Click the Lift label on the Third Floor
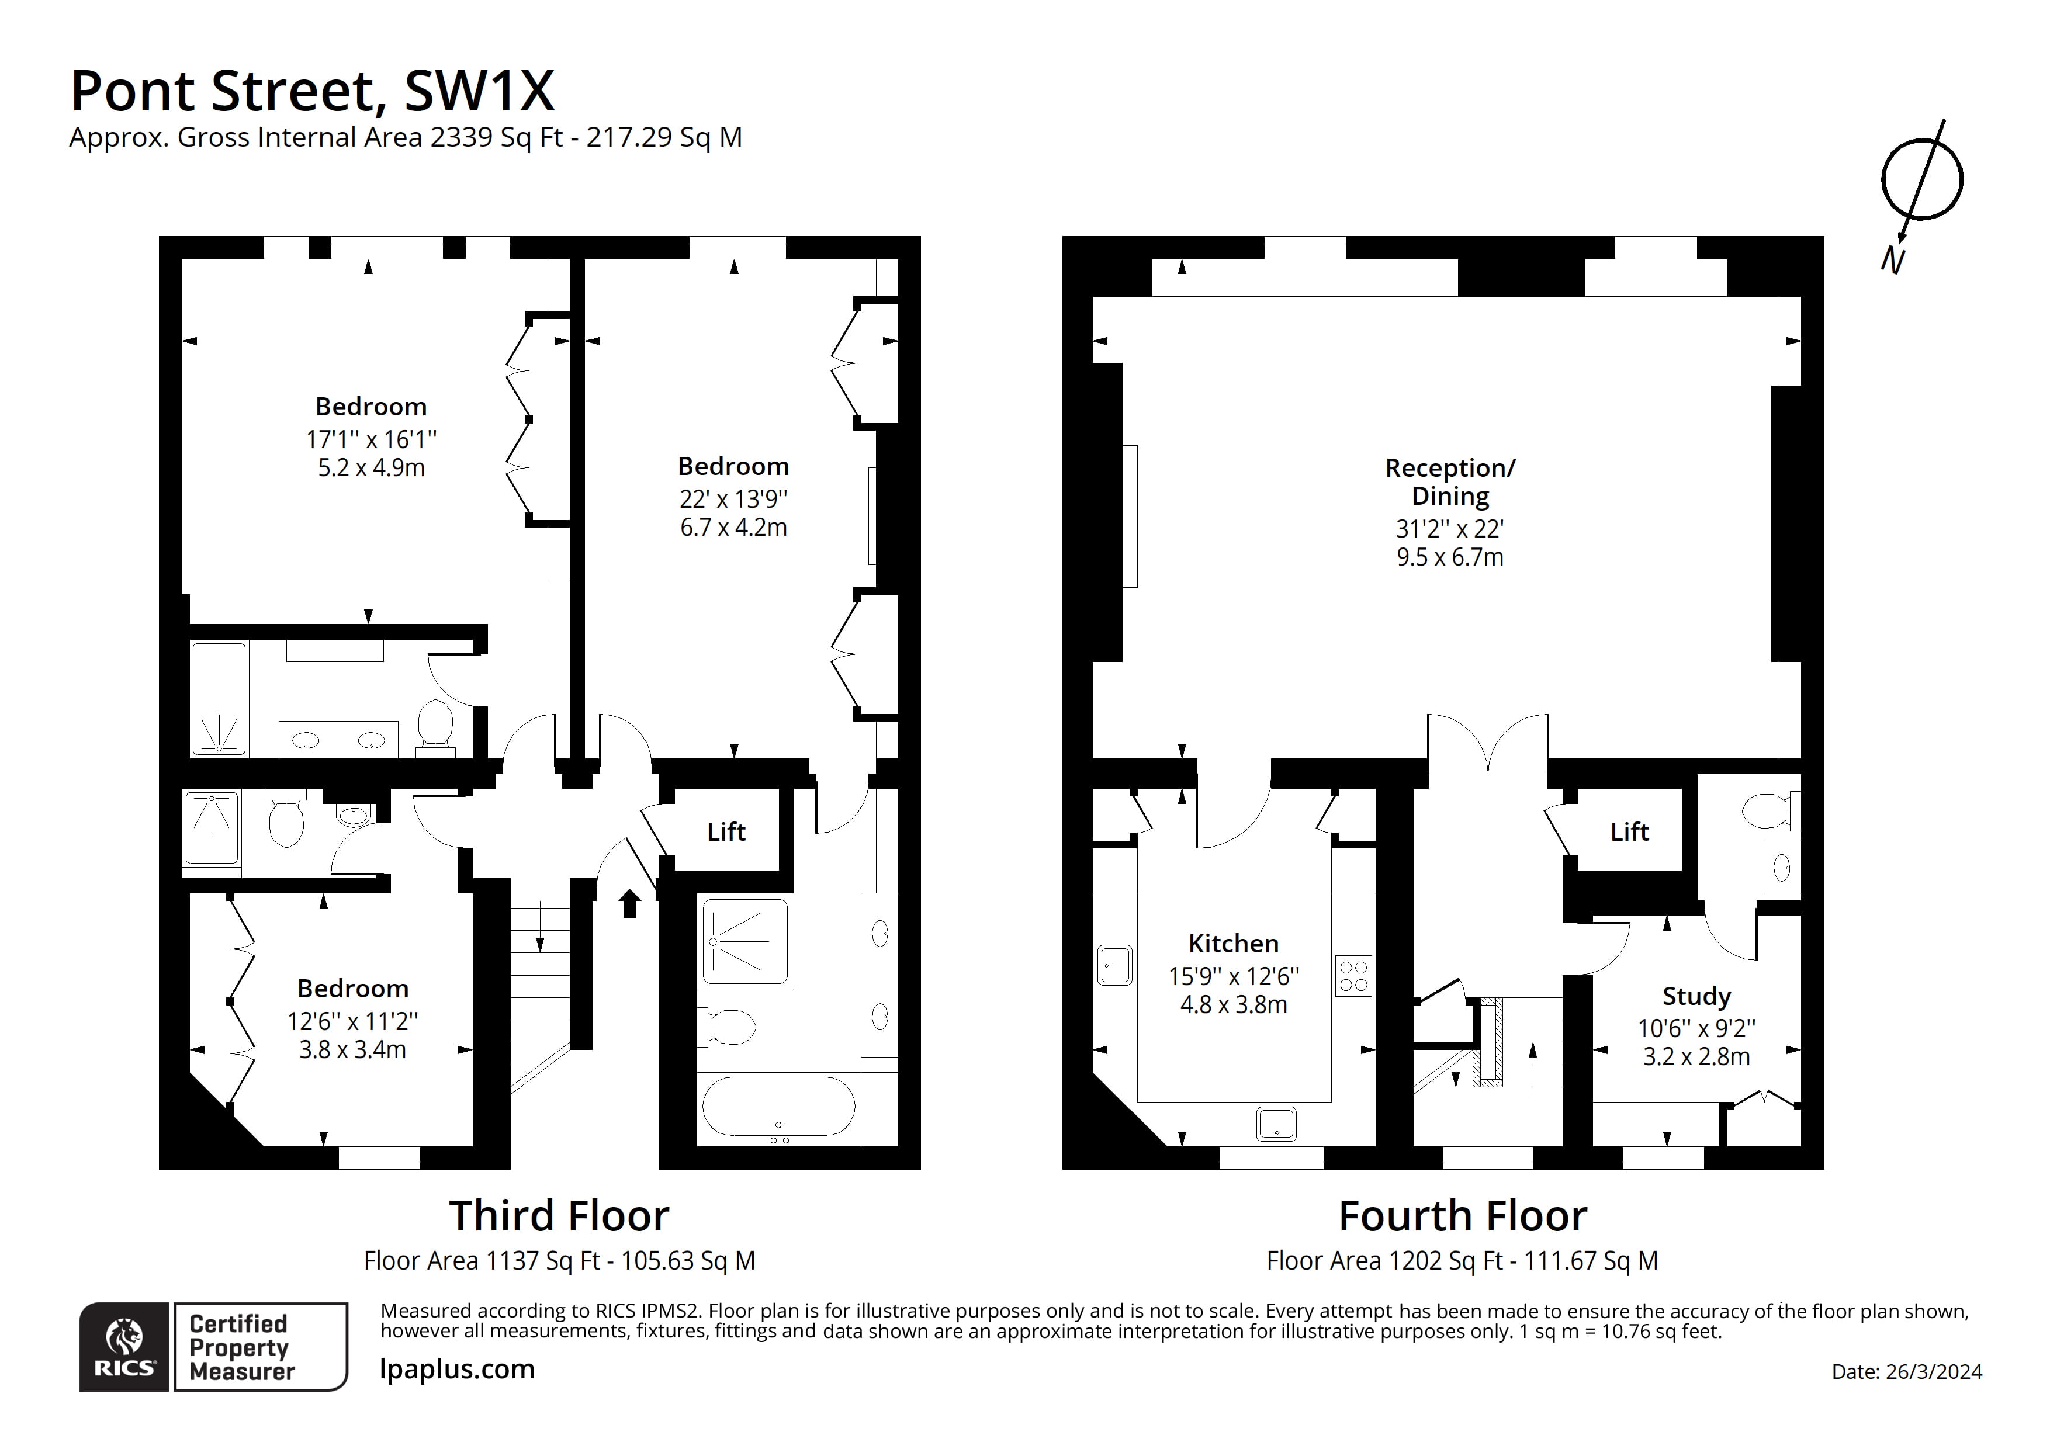coord(726,831)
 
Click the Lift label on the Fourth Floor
coord(1629,831)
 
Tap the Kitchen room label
coord(1233,944)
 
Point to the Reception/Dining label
coord(1449,481)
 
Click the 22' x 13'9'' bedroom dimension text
coord(733,498)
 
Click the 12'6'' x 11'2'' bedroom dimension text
coord(353,1021)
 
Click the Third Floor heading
coord(559,1216)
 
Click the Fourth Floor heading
coord(1463,1216)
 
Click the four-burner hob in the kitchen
coord(1353,976)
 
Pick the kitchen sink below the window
coord(1276,1124)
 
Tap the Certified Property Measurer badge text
coord(239,1347)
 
